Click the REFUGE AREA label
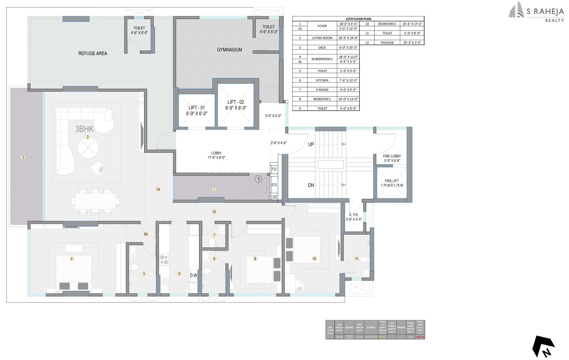pos(92,53)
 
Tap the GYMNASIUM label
pos(229,50)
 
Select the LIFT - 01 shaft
pos(197,110)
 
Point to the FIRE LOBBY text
pos(392,156)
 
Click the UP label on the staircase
pos(311,144)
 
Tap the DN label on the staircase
pos(311,185)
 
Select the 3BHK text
pos(84,129)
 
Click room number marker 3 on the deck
pos(23,157)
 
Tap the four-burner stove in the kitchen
pos(164,259)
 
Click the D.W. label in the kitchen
pos(194,275)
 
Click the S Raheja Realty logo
pos(536,13)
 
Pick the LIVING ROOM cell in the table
pos(322,38)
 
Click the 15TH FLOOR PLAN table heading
pos(358,19)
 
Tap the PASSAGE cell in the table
pos(387,43)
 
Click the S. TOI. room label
pos(354,215)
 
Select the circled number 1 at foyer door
pos(258,179)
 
